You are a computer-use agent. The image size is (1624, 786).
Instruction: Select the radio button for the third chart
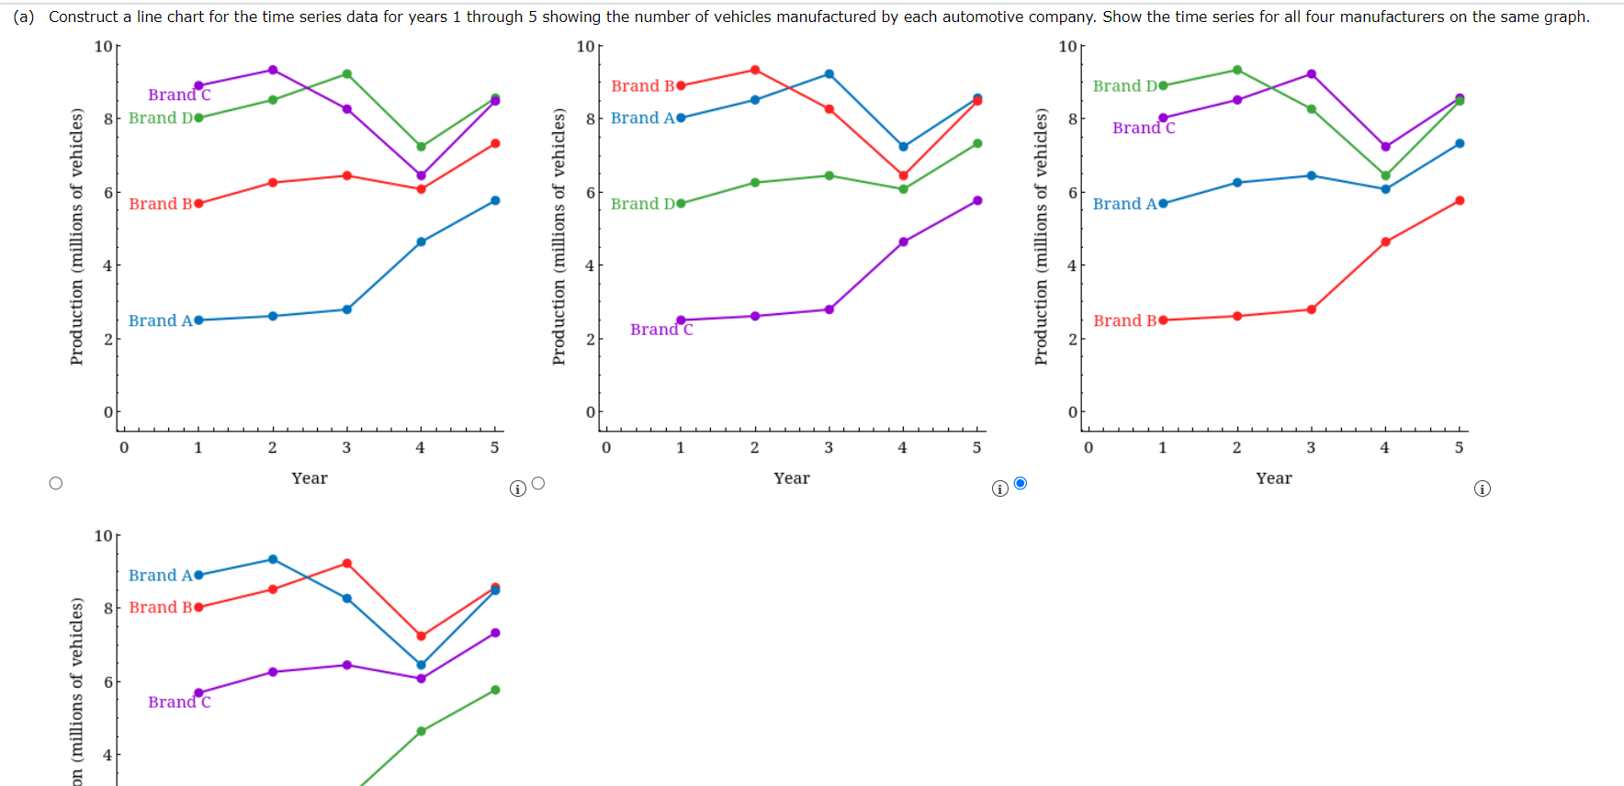[1021, 483]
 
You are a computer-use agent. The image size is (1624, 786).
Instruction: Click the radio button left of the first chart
[56, 483]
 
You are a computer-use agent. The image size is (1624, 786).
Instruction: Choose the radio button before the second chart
[538, 483]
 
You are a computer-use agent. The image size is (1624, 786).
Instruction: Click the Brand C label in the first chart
[179, 95]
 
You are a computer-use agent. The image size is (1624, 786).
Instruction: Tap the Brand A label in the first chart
[160, 320]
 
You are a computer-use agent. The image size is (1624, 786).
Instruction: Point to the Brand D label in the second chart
[642, 204]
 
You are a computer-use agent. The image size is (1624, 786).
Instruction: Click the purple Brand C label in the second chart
[661, 330]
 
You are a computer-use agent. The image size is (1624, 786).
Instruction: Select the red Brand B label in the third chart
[1124, 320]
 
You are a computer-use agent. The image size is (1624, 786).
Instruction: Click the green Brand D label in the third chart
[1124, 86]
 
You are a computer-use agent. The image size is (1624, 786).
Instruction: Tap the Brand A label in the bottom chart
[160, 576]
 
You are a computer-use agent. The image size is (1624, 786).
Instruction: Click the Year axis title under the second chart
[792, 478]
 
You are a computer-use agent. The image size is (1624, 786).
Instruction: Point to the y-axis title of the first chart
[77, 237]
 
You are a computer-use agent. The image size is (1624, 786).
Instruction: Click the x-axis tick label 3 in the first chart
[346, 448]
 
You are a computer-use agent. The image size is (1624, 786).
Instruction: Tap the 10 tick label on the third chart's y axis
[1067, 47]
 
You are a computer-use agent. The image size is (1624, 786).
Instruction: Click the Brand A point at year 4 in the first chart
[421, 242]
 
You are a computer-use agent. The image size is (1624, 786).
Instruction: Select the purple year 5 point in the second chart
[977, 200]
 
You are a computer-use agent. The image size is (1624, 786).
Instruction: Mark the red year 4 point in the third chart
[1385, 242]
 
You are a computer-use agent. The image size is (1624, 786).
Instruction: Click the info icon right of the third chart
[1482, 488]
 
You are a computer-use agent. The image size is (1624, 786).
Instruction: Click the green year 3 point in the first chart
[346, 74]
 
